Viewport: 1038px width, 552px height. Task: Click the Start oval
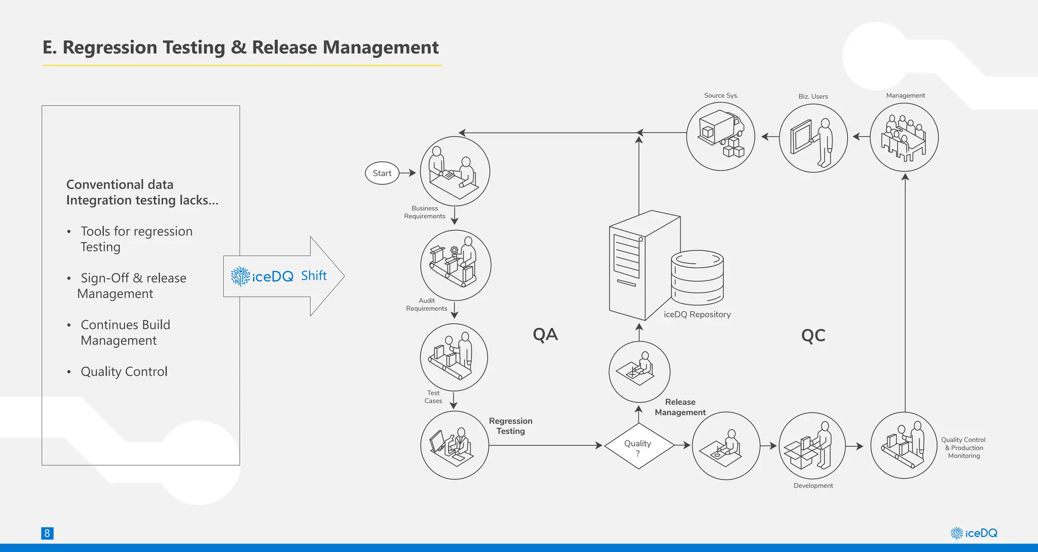click(x=382, y=173)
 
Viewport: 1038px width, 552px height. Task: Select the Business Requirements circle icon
click(x=455, y=171)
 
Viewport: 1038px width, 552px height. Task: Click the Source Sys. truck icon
click(x=720, y=136)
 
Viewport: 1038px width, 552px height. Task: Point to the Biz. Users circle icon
click(x=813, y=138)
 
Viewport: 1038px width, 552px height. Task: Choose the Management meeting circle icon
click(x=904, y=137)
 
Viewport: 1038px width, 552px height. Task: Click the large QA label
click(x=545, y=334)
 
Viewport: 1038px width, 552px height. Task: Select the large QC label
click(x=813, y=335)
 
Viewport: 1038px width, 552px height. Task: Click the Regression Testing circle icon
click(x=455, y=445)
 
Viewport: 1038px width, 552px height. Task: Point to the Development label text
click(x=813, y=486)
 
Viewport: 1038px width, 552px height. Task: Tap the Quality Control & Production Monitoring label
click(x=963, y=447)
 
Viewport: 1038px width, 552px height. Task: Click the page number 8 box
click(x=47, y=533)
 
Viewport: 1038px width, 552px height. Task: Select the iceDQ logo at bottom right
click(x=974, y=533)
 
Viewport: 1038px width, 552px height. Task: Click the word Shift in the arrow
click(x=314, y=275)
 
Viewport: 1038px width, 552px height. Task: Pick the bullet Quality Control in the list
click(x=124, y=371)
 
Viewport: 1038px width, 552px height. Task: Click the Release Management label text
click(x=680, y=407)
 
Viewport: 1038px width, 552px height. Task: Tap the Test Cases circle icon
click(x=454, y=357)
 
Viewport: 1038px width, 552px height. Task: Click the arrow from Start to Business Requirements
click(x=407, y=173)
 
